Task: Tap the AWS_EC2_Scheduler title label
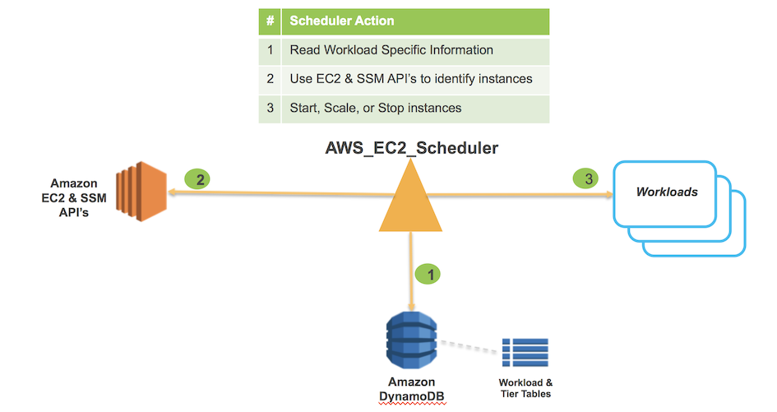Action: coord(412,149)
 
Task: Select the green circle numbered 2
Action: coord(197,178)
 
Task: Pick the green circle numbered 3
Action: coord(585,178)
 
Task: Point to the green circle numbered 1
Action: coord(428,275)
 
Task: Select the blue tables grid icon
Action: coord(525,352)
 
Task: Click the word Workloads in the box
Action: coord(666,192)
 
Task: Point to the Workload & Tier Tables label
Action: coord(525,388)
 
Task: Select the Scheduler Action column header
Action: coord(414,21)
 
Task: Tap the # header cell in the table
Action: coord(270,21)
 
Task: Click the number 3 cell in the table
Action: coord(270,108)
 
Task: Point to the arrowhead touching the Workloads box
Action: coord(608,195)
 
